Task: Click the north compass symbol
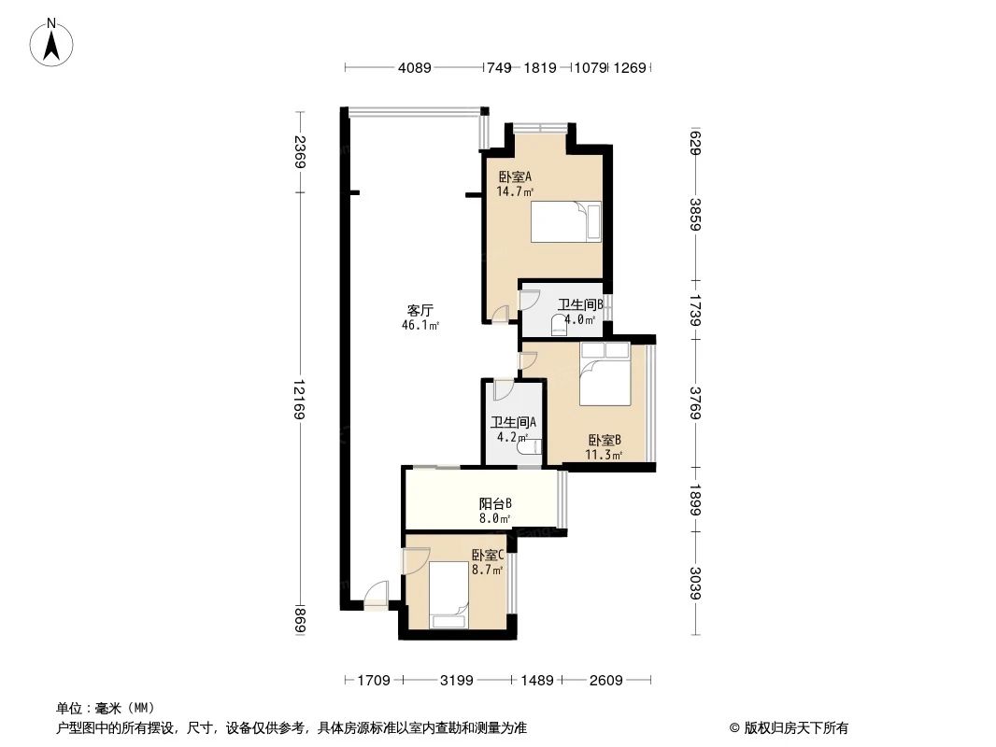point(52,42)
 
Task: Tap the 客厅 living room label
point(420,311)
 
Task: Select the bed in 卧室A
point(566,222)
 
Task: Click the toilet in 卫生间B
point(560,324)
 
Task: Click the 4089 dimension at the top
point(414,67)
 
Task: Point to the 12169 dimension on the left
point(298,400)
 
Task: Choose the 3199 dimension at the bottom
point(457,681)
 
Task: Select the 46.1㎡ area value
point(420,326)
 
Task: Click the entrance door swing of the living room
point(375,595)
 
